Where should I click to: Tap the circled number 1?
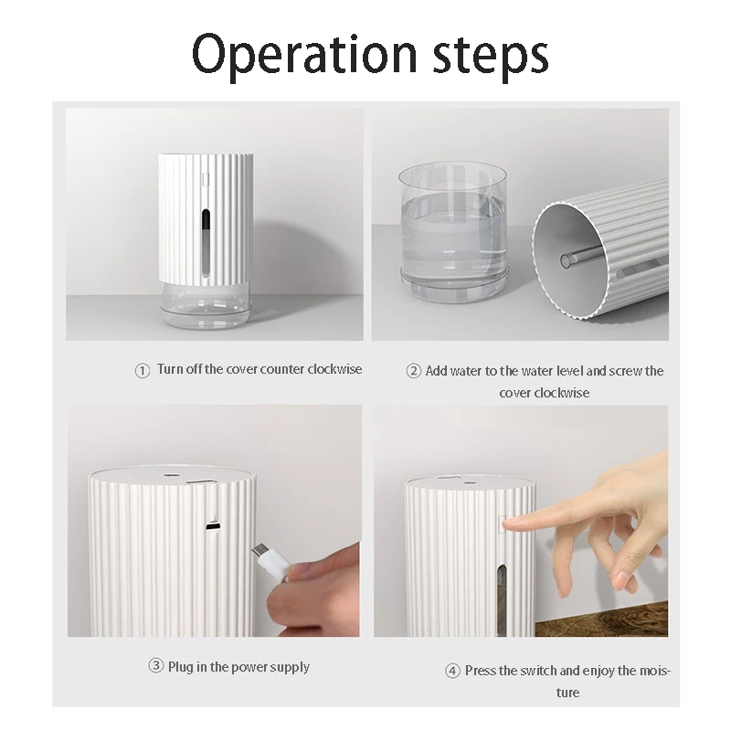pos(142,371)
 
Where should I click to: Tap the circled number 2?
pos(413,371)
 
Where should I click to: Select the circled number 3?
pos(155,667)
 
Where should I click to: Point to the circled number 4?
pos(452,672)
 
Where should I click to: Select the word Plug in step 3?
pos(181,667)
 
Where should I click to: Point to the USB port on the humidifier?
pos(213,527)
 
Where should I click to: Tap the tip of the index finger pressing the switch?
pos(509,524)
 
